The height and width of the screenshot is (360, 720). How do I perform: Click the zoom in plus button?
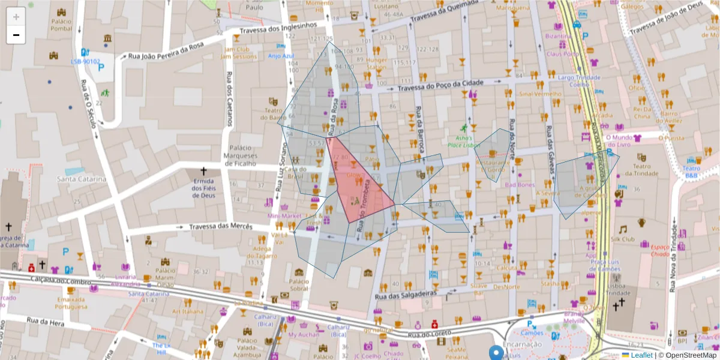pyautogui.click(x=16, y=17)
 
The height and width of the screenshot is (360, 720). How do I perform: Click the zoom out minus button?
pyautogui.click(x=16, y=35)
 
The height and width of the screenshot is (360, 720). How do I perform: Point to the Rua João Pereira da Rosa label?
pyautogui.click(x=167, y=52)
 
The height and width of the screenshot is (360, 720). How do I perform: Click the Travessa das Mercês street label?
pyautogui.click(x=218, y=227)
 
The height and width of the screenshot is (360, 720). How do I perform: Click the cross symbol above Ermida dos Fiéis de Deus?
pyautogui.click(x=203, y=172)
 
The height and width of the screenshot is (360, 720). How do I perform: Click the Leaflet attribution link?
pyautogui.click(x=641, y=355)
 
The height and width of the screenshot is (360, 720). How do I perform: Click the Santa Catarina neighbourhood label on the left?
pyautogui.click(x=82, y=179)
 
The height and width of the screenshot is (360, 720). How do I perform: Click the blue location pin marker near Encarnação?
pyautogui.click(x=496, y=353)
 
